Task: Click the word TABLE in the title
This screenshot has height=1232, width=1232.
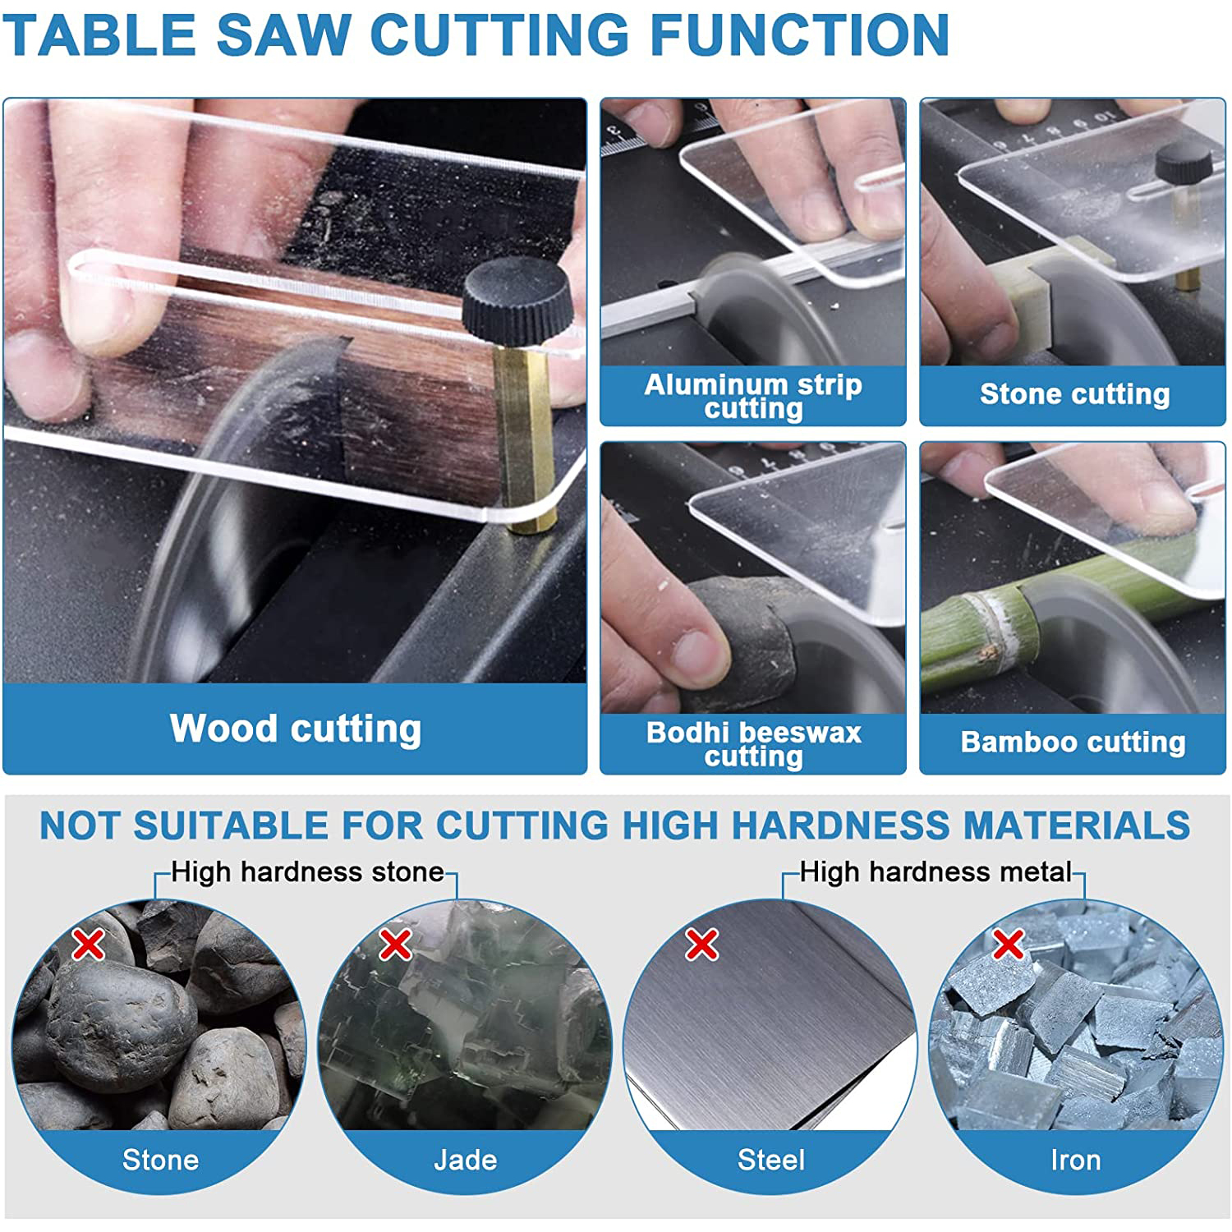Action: pyautogui.click(x=100, y=35)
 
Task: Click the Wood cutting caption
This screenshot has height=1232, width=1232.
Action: pyautogui.click(x=296, y=729)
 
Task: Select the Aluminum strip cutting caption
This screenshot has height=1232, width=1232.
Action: pyautogui.click(x=753, y=396)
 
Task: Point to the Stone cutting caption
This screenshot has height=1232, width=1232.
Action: pyautogui.click(x=1074, y=395)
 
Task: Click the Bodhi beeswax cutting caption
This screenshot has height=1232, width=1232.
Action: pyautogui.click(x=753, y=744)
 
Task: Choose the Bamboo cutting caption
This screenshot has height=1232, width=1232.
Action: pyautogui.click(x=1073, y=742)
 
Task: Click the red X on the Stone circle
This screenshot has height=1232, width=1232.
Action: pyautogui.click(x=88, y=945)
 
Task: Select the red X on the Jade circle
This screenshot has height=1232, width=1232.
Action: pyautogui.click(x=395, y=945)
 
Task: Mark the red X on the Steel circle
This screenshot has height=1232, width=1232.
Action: pyautogui.click(x=701, y=945)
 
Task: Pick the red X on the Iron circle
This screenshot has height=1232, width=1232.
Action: pyautogui.click(x=1008, y=945)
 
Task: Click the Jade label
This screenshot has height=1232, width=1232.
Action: pyautogui.click(x=465, y=1160)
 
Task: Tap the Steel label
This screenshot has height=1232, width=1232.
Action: pyautogui.click(x=770, y=1160)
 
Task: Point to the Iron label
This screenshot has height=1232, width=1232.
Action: pyautogui.click(x=1075, y=1160)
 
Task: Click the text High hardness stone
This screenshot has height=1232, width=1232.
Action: pyautogui.click(x=307, y=872)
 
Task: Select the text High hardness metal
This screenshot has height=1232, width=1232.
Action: pyautogui.click(x=935, y=872)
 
